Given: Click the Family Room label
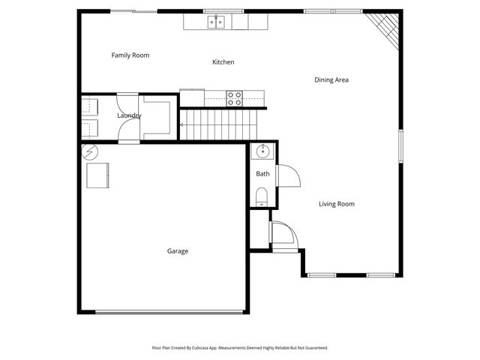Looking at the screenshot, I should (130, 55).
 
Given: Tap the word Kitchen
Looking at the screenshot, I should (223, 62).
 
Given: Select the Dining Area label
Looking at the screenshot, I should (331, 79).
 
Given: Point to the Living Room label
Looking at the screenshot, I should (336, 204).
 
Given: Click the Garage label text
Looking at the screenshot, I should (178, 251).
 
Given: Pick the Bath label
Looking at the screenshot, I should (262, 174).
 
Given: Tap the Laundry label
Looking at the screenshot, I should (129, 115).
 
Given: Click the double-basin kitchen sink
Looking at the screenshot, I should (217, 22).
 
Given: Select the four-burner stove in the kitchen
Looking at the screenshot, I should (235, 98).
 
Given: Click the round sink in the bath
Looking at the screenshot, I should (262, 152).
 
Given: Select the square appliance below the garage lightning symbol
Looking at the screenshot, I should (98, 176).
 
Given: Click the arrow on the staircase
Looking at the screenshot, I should (182, 124).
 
